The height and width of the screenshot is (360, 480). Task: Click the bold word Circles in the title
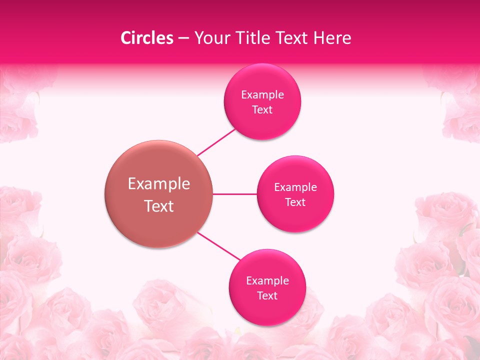(146, 38)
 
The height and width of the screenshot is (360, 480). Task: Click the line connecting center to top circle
(216, 142)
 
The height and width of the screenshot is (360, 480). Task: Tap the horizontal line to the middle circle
(235, 194)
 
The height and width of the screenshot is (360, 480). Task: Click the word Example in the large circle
(159, 184)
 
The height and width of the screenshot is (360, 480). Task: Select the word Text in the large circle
(159, 206)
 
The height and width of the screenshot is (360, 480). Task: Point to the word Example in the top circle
(262, 94)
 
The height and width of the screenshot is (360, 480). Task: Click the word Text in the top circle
(262, 110)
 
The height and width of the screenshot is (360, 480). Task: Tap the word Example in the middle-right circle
(295, 187)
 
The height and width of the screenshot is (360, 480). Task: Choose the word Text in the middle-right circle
(295, 202)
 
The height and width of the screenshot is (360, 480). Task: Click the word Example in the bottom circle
(267, 281)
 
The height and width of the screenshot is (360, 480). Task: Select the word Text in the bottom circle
(267, 296)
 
